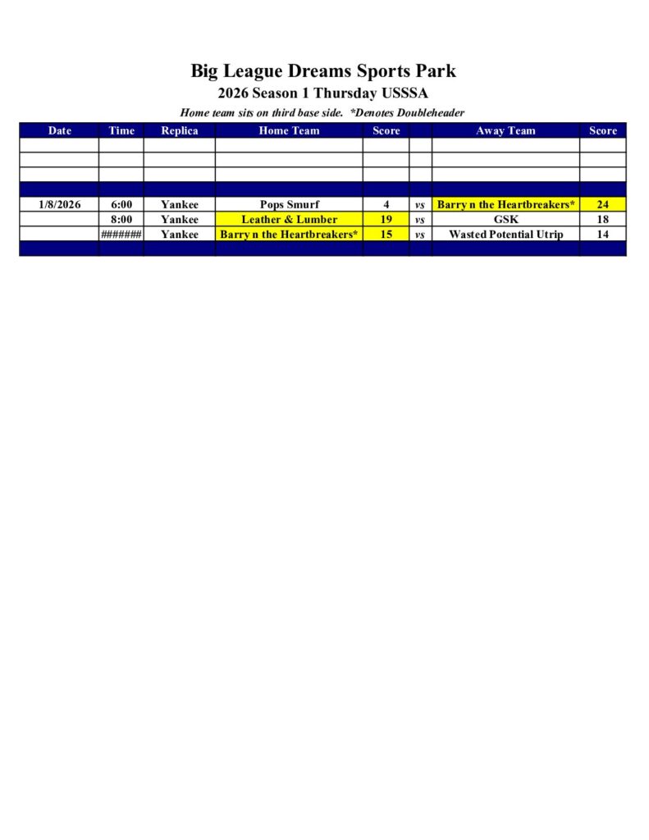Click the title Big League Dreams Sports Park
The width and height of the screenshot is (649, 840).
coord(323,71)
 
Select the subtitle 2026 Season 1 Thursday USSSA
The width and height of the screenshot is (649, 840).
coord(323,94)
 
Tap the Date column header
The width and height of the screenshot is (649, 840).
coord(59,130)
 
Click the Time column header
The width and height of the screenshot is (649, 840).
coord(121,130)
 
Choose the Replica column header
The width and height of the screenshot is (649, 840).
coord(179,130)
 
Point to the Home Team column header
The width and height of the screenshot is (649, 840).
coord(289,130)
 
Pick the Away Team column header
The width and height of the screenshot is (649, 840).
coord(505,130)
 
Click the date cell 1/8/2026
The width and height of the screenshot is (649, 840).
coord(59,204)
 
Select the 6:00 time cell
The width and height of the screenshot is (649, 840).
coord(121,204)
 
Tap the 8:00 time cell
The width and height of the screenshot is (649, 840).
coord(121,220)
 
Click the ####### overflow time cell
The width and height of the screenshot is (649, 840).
coord(121,235)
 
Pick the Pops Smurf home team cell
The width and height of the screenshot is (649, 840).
coord(289,204)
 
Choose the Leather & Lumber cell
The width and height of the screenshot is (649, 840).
coord(289,220)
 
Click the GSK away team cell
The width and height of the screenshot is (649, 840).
coord(505,220)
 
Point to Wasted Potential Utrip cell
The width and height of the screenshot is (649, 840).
coord(505,235)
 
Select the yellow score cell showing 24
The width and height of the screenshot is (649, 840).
coord(602,204)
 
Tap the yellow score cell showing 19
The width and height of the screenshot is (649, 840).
coord(386,220)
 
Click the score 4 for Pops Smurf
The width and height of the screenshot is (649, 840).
coord(386,204)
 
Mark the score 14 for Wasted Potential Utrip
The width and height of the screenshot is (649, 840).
coord(602,235)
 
